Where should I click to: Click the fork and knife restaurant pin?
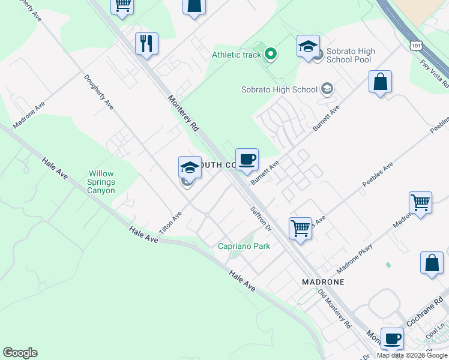[x=146, y=44]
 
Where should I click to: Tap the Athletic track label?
[x=237, y=55]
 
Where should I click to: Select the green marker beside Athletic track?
[x=271, y=55]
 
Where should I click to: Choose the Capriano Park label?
[x=244, y=246]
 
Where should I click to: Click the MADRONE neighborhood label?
[x=323, y=281]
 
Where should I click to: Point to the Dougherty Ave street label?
[x=99, y=91]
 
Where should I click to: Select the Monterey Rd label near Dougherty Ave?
[x=183, y=114]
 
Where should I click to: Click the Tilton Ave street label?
[x=170, y=223]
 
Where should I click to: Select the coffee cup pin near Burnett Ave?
[x=247, y=159]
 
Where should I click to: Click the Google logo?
[x=20, y=353]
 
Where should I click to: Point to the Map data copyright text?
[x=412, y=355]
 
